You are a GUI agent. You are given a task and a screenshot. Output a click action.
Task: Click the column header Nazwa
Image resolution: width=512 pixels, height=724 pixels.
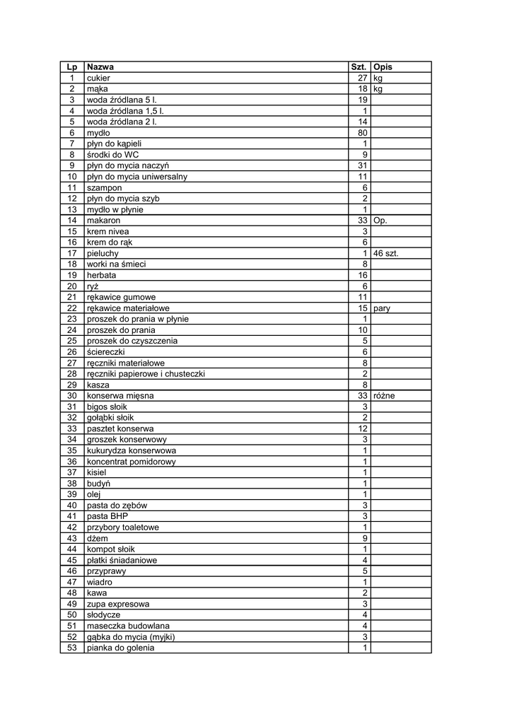[100, 67]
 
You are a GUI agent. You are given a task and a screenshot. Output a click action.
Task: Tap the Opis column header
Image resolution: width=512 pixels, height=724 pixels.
[383, 67]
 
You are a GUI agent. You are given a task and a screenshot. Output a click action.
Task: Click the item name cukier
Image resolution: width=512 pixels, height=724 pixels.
[98, 78]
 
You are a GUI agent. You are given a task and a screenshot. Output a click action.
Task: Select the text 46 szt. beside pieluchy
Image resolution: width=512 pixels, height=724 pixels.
[386, 253]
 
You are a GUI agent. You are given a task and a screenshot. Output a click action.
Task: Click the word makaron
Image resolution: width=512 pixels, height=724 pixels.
[103, 221]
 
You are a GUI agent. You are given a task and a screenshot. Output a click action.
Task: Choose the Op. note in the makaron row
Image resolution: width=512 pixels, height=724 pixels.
[380, 221]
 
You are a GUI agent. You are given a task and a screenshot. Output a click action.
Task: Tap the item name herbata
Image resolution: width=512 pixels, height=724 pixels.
[102, 275]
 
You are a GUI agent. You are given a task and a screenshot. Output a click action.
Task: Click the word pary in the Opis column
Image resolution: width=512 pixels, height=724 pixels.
[382, 308]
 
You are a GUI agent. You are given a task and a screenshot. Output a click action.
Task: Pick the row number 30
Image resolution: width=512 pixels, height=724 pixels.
[71, 396]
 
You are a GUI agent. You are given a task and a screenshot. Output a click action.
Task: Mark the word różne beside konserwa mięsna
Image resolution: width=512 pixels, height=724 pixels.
[384, 396]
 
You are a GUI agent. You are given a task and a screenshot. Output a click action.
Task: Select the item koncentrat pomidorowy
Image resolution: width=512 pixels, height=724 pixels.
[131, 462]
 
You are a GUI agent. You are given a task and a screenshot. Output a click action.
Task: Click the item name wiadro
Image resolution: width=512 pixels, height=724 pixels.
[99, 582]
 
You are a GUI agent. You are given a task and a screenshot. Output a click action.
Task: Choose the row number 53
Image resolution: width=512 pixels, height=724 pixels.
[71, 648]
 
